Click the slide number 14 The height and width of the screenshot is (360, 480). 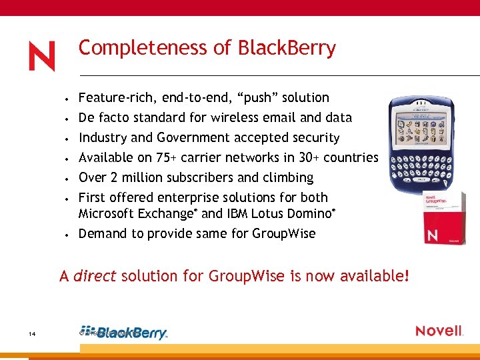(x=32, y=333)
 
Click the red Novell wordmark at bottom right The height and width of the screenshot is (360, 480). (x=439, y=331)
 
